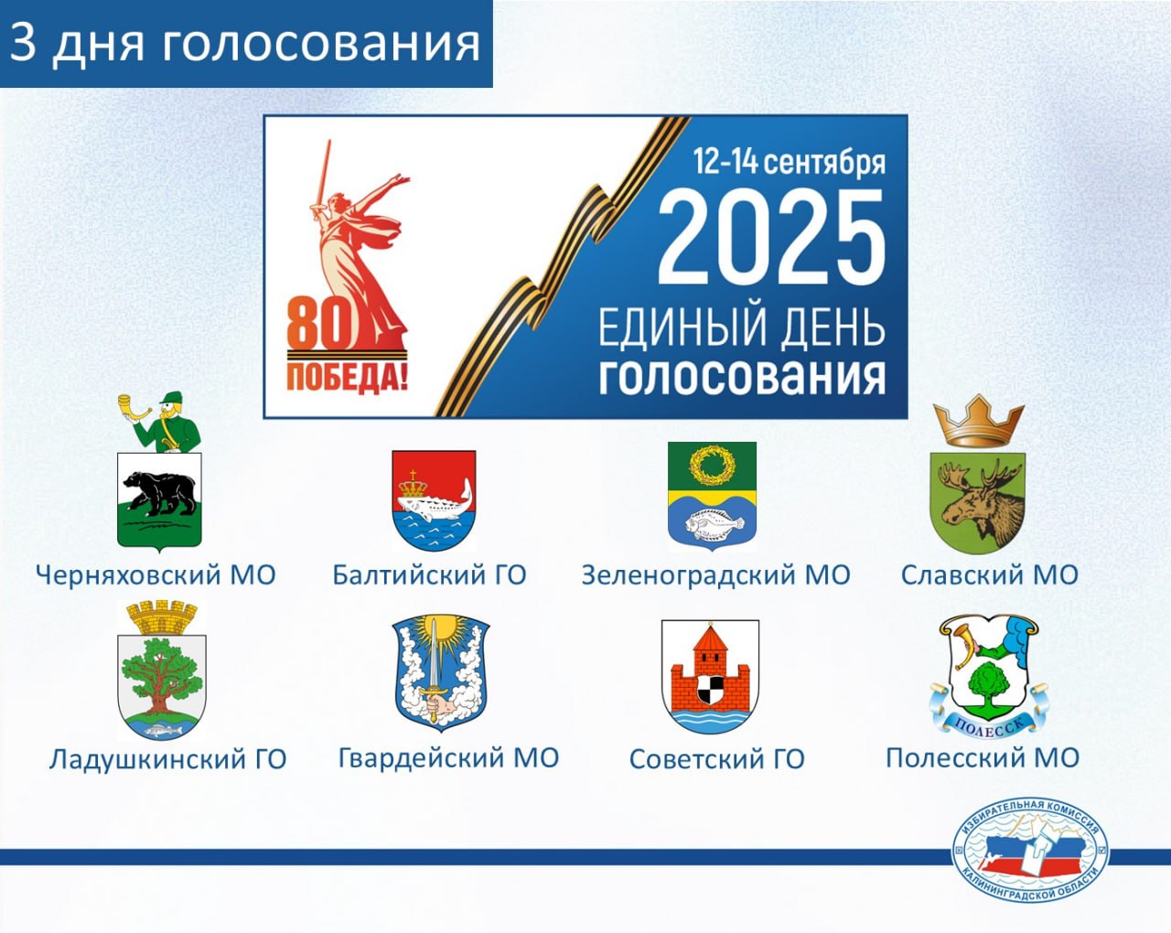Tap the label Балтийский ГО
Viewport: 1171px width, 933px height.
[x=429, y=575]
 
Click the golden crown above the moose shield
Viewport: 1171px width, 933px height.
[x=979, y=422]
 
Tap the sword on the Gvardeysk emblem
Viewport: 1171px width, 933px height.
[x=433, y=668]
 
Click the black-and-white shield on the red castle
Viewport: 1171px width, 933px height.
[x=710, y=690]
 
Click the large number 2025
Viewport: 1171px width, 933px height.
[x=771, y=238]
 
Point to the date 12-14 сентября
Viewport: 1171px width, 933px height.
[x=789, y=162]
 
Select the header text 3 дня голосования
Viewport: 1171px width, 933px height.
[x=245, y=43]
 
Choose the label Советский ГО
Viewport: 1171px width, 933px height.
[x=716, y=759]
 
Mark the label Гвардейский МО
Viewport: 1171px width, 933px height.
[x=448, y=757]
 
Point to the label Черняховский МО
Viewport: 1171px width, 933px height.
[x=156, y=575]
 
